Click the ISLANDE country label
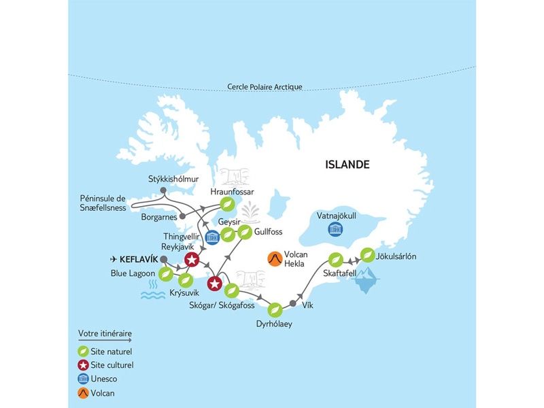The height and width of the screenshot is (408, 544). point(347,165)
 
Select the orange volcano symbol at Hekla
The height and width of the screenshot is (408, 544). point(275,259)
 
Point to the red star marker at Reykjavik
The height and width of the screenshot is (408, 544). point(192,258)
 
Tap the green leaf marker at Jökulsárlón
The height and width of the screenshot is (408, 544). point(367,255)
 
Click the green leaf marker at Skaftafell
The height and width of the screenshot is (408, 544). point(335,259)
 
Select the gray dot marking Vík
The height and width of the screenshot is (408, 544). point(293,303)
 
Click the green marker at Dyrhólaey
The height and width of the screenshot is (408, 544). point(275,310)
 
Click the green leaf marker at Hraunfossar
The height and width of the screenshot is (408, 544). point(228,203)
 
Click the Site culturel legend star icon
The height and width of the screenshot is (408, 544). point(83,365)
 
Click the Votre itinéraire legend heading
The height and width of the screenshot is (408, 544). point(105,333)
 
